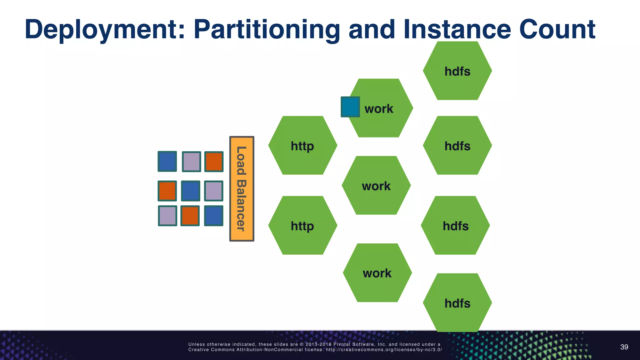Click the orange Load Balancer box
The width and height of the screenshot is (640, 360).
242,189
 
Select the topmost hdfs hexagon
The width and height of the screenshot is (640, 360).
457,71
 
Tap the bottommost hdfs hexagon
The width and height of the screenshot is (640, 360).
457,302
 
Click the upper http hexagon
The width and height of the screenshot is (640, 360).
302,145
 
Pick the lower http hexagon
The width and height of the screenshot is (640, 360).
302,225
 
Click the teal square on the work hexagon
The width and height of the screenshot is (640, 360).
350,107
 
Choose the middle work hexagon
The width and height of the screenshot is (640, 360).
376,185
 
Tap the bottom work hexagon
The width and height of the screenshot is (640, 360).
377,272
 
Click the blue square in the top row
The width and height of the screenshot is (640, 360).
167,161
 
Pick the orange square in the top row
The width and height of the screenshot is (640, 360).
214,162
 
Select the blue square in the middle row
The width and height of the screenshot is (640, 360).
190,191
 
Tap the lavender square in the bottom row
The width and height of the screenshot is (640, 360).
167,216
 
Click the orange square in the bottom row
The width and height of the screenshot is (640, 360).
190,216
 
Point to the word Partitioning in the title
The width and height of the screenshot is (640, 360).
267,30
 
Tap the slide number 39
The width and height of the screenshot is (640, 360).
624,347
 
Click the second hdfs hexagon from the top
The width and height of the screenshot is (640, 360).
457,145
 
